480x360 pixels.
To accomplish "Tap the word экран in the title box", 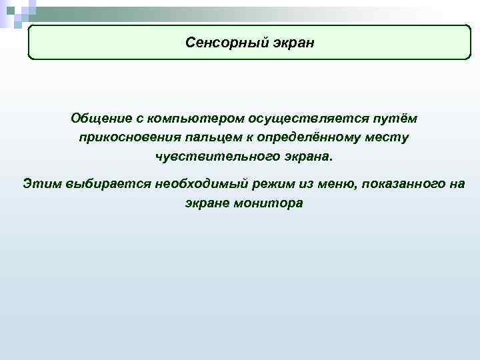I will (x=291, y=43).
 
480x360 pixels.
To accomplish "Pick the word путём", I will (x=390, y=118).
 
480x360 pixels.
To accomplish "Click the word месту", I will (x=385, y=138).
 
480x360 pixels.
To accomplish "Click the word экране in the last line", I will (x=206, y=203).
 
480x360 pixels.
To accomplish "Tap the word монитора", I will (x=268, y=203).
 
